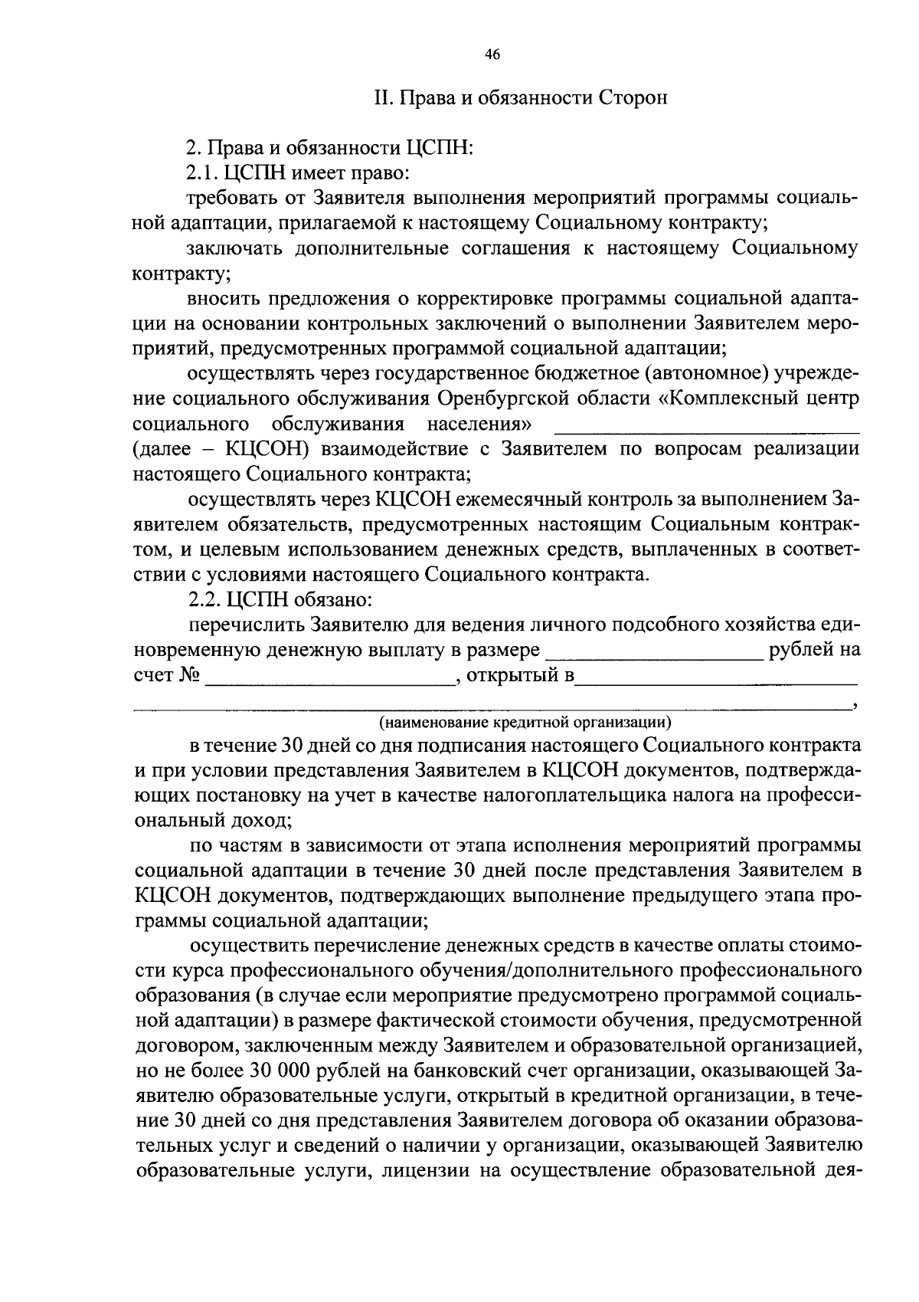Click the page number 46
[x=492, y=54]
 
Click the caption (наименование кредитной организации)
[x=525, y=722]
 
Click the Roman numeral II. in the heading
[x=383, y=98]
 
